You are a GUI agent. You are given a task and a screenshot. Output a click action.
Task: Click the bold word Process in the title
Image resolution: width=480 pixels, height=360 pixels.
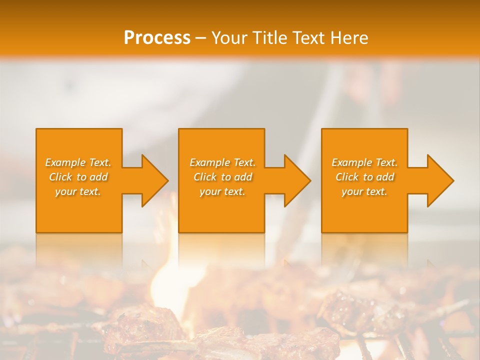click(x=157, y=38)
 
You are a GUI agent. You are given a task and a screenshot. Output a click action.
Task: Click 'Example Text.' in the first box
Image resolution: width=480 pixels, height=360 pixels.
click(x=78, y=162)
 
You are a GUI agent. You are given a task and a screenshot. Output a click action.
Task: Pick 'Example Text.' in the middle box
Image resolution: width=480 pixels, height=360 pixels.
click(x=222, y=162)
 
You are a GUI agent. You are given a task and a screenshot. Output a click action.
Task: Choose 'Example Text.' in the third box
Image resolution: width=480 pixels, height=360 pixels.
click(x=364, y=162)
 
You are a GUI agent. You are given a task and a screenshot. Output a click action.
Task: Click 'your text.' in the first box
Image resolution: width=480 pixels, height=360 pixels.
click(x=78, y=191)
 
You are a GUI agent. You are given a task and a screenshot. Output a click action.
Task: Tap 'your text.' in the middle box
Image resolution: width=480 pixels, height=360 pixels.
click(x=222, y=191)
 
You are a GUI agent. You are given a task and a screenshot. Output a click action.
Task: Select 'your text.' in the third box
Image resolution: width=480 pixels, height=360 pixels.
click(x=364, y=191)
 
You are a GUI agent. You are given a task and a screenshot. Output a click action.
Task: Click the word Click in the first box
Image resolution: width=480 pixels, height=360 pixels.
click(x=60, y=177)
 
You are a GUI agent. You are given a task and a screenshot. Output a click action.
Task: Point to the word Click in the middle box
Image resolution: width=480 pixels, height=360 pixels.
click(x=205, y=177)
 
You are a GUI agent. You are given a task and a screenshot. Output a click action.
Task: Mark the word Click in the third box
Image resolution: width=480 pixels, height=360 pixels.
click(x=347, y=177)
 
